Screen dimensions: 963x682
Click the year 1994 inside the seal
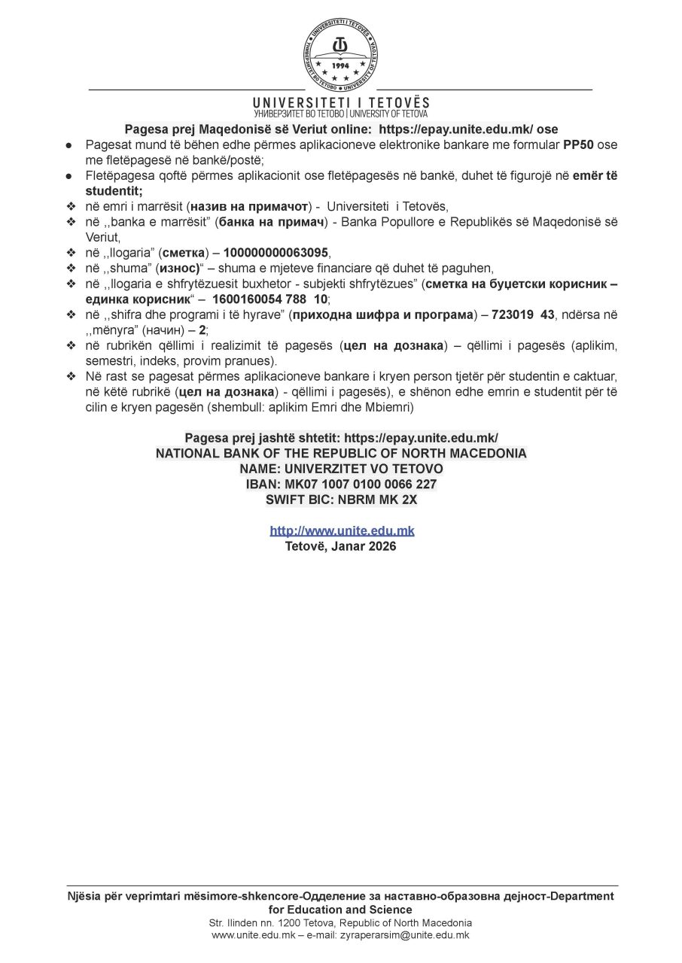coord(341,65)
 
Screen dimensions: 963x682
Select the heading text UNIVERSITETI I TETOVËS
coord(341,102)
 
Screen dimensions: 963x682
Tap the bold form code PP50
coord(578,144)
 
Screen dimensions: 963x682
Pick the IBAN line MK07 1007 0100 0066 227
coord(341,484)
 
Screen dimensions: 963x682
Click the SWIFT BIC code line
coord(341,499)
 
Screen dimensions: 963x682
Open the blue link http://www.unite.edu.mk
coord(342,530)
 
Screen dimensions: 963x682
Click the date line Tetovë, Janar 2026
coord(341,546)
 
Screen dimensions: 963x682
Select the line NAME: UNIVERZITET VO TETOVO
coord(341,469)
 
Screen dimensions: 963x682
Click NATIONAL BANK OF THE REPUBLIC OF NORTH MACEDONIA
coord(341,453)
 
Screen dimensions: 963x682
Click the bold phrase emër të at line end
coord(595,175)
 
